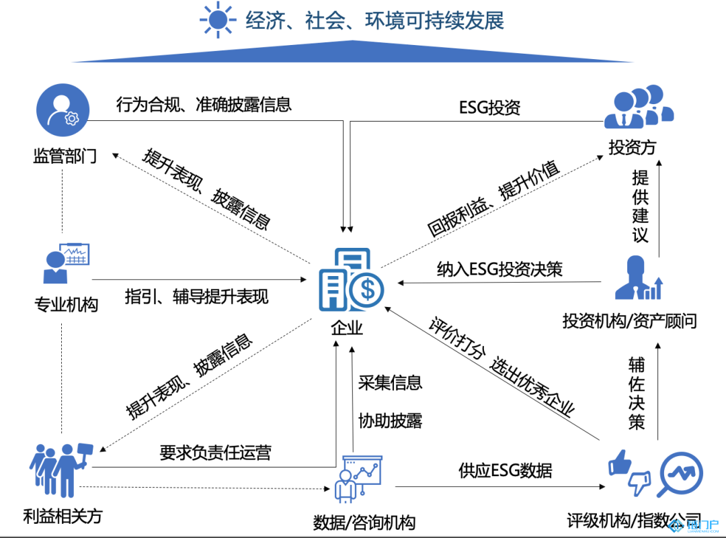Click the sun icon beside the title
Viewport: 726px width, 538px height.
tap(218, 20)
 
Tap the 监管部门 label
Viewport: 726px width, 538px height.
tap(65, 156)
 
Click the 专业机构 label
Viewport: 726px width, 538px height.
tap(66, 304)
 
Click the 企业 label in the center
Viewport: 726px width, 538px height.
tap(347, 328)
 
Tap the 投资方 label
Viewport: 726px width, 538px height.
tap(632, 147)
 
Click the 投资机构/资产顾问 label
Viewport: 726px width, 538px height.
tap(630, 321)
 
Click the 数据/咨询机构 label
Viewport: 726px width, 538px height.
tap(364, 522)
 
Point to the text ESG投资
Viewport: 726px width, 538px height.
tap(490, 107)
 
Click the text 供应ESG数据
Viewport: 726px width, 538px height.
tap(505, 470)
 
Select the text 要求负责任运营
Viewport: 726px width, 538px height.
tap(215, 452)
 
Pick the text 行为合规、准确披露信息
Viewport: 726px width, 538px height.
tap(204, 104)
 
